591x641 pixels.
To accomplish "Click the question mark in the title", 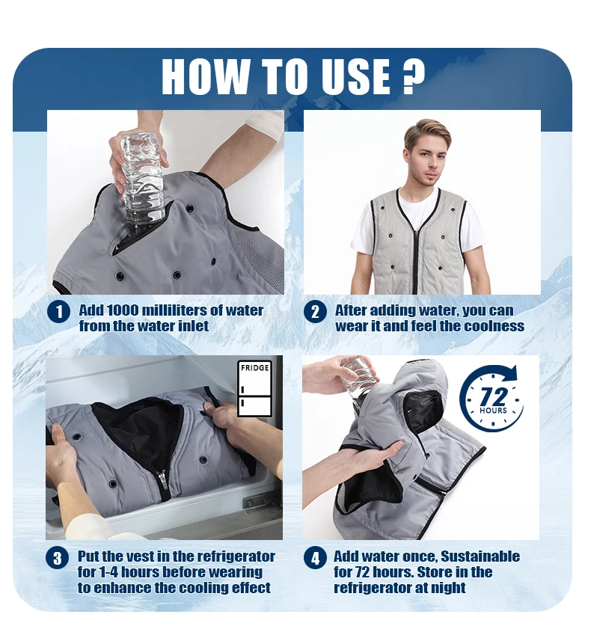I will click(413, 76).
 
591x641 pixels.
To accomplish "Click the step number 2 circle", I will click(315, 311).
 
